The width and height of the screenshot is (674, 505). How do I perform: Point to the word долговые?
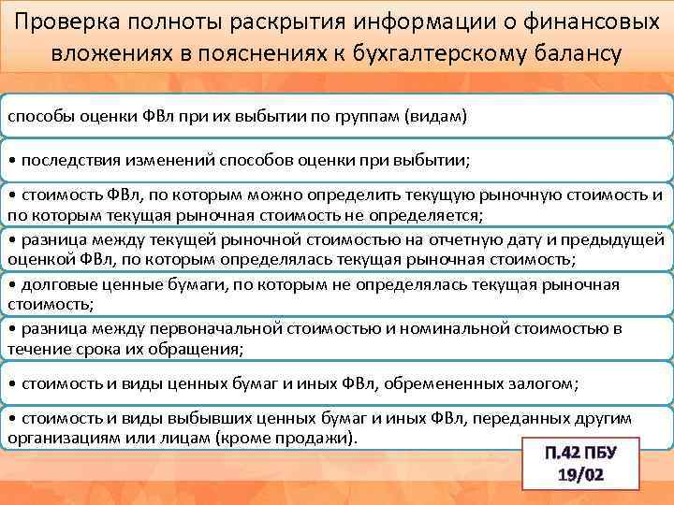pyautogui.click(x=57, y=284)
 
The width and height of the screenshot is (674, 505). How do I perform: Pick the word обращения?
pyautogui.click(x=200, y=349)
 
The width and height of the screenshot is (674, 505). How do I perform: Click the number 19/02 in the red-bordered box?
pyautogui.click(x=579, y=475)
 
